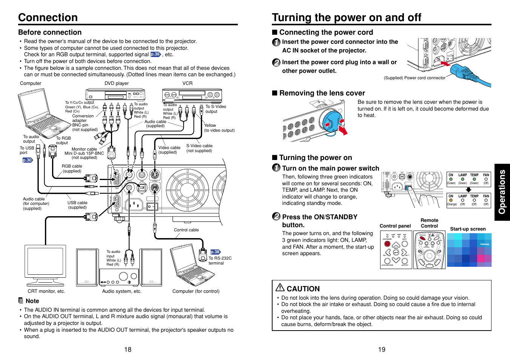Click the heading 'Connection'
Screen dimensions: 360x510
pyautogui.click(x=48, y=17)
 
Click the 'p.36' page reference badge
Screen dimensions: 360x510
pyautogui.click(x=155, y=54)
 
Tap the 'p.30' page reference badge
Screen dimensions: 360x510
pyautogui.click(x=27, y=160)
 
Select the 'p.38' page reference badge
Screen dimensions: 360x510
pyautogui.click(x=215, y=252)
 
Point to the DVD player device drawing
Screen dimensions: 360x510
pyautogui.click(x=115, y=94)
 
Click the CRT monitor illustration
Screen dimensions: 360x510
pyautogui.click(x=45, y=266)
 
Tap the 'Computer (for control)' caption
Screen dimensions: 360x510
pyautogui.click(x=196, y=291)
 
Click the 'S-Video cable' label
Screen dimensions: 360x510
pyautogui.click(x=199, y=146)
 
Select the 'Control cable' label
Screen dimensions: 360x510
pyautogui.click(x=186, y=230)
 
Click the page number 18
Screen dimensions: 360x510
pyautogui.click(x=128, y=349)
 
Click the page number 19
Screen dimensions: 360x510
pyautogui.click(x=382, y=349)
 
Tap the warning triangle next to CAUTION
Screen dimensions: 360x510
pyautogui.click(x=280, y=288)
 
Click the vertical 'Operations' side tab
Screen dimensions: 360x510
pyautogui.click(x=502, y=192)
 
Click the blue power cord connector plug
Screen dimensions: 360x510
pyautogui.click(x=468, y=74)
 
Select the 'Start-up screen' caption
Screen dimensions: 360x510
pyautogui.click(x=468, y=229)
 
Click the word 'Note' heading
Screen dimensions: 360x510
pyautogui.click(x=32, y=301)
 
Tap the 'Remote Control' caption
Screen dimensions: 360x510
pyautogui.click(x=429, y=223)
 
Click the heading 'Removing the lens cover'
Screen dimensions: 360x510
pyautogui.click(x=322, y=93)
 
